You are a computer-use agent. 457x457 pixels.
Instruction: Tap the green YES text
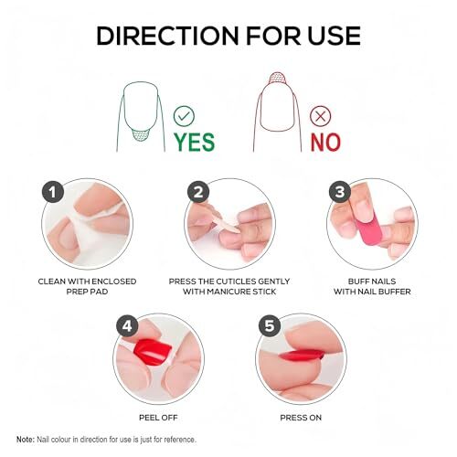coord(195,142)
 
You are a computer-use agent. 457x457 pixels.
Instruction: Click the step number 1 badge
coord(54,192)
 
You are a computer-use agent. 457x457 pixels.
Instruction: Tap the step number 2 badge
coord(197,192)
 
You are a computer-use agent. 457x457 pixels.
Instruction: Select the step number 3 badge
coord(339,192)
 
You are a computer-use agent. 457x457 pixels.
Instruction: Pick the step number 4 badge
coord(126,327)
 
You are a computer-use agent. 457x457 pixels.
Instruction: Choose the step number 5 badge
coord(268,327)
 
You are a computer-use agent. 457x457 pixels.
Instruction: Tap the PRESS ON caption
coord(299,414)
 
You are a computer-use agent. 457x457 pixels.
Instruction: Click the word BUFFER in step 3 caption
coord(388,292)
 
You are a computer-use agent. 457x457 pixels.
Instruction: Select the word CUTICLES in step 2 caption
coord(236,280)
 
